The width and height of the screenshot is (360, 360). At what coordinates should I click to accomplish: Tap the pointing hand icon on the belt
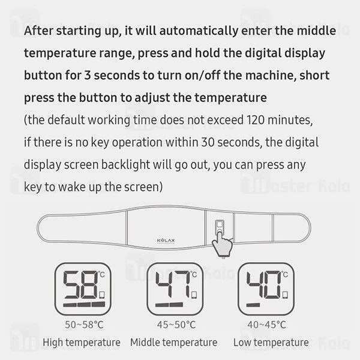point(224,244)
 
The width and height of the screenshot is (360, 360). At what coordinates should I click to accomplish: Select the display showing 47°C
point(175,289)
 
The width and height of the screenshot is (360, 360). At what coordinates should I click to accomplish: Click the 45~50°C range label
point(175,325)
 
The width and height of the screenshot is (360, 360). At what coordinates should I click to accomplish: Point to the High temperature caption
point(82,343)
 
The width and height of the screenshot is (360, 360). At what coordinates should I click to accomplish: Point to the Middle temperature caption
point(173,343)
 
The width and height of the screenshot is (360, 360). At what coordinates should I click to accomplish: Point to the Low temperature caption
point(265,343)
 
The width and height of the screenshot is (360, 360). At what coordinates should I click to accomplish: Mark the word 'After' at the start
point(40,31)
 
